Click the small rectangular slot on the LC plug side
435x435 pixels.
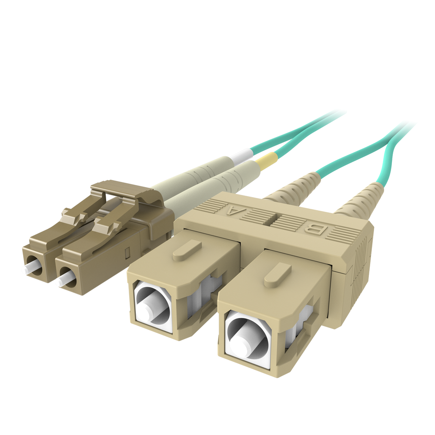(x=127, y=253)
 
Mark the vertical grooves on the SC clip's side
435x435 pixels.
(x=359, y=265)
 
